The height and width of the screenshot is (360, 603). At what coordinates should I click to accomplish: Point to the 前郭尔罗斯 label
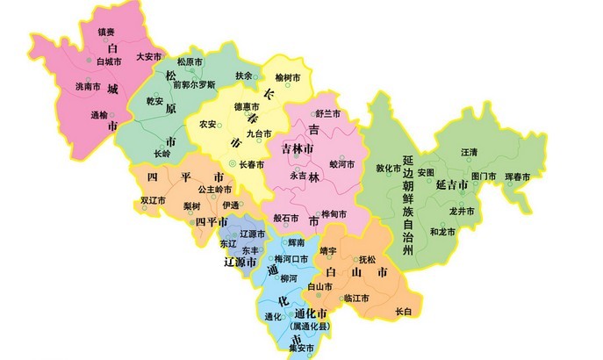click(194, 85)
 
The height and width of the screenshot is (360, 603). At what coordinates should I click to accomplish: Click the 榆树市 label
click(288, 78)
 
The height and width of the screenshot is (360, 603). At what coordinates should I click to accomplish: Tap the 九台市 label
click(260, 133)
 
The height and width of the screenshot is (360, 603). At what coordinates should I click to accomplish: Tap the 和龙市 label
click(442, 232)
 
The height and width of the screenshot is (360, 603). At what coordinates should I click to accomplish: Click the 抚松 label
click(367, 260)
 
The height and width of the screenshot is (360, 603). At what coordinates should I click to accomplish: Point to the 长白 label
click(403, 312)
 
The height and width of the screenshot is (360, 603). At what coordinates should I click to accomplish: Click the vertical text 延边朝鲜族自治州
click(407, 207)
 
